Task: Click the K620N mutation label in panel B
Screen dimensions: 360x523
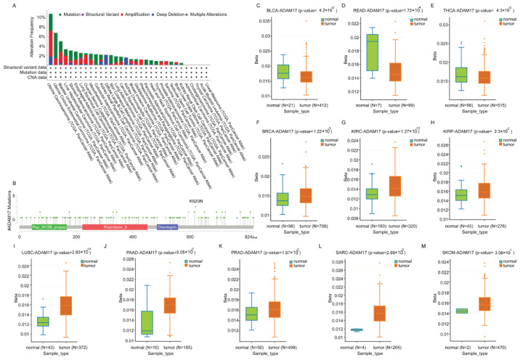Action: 195,200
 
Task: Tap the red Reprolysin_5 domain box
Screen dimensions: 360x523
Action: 104,227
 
